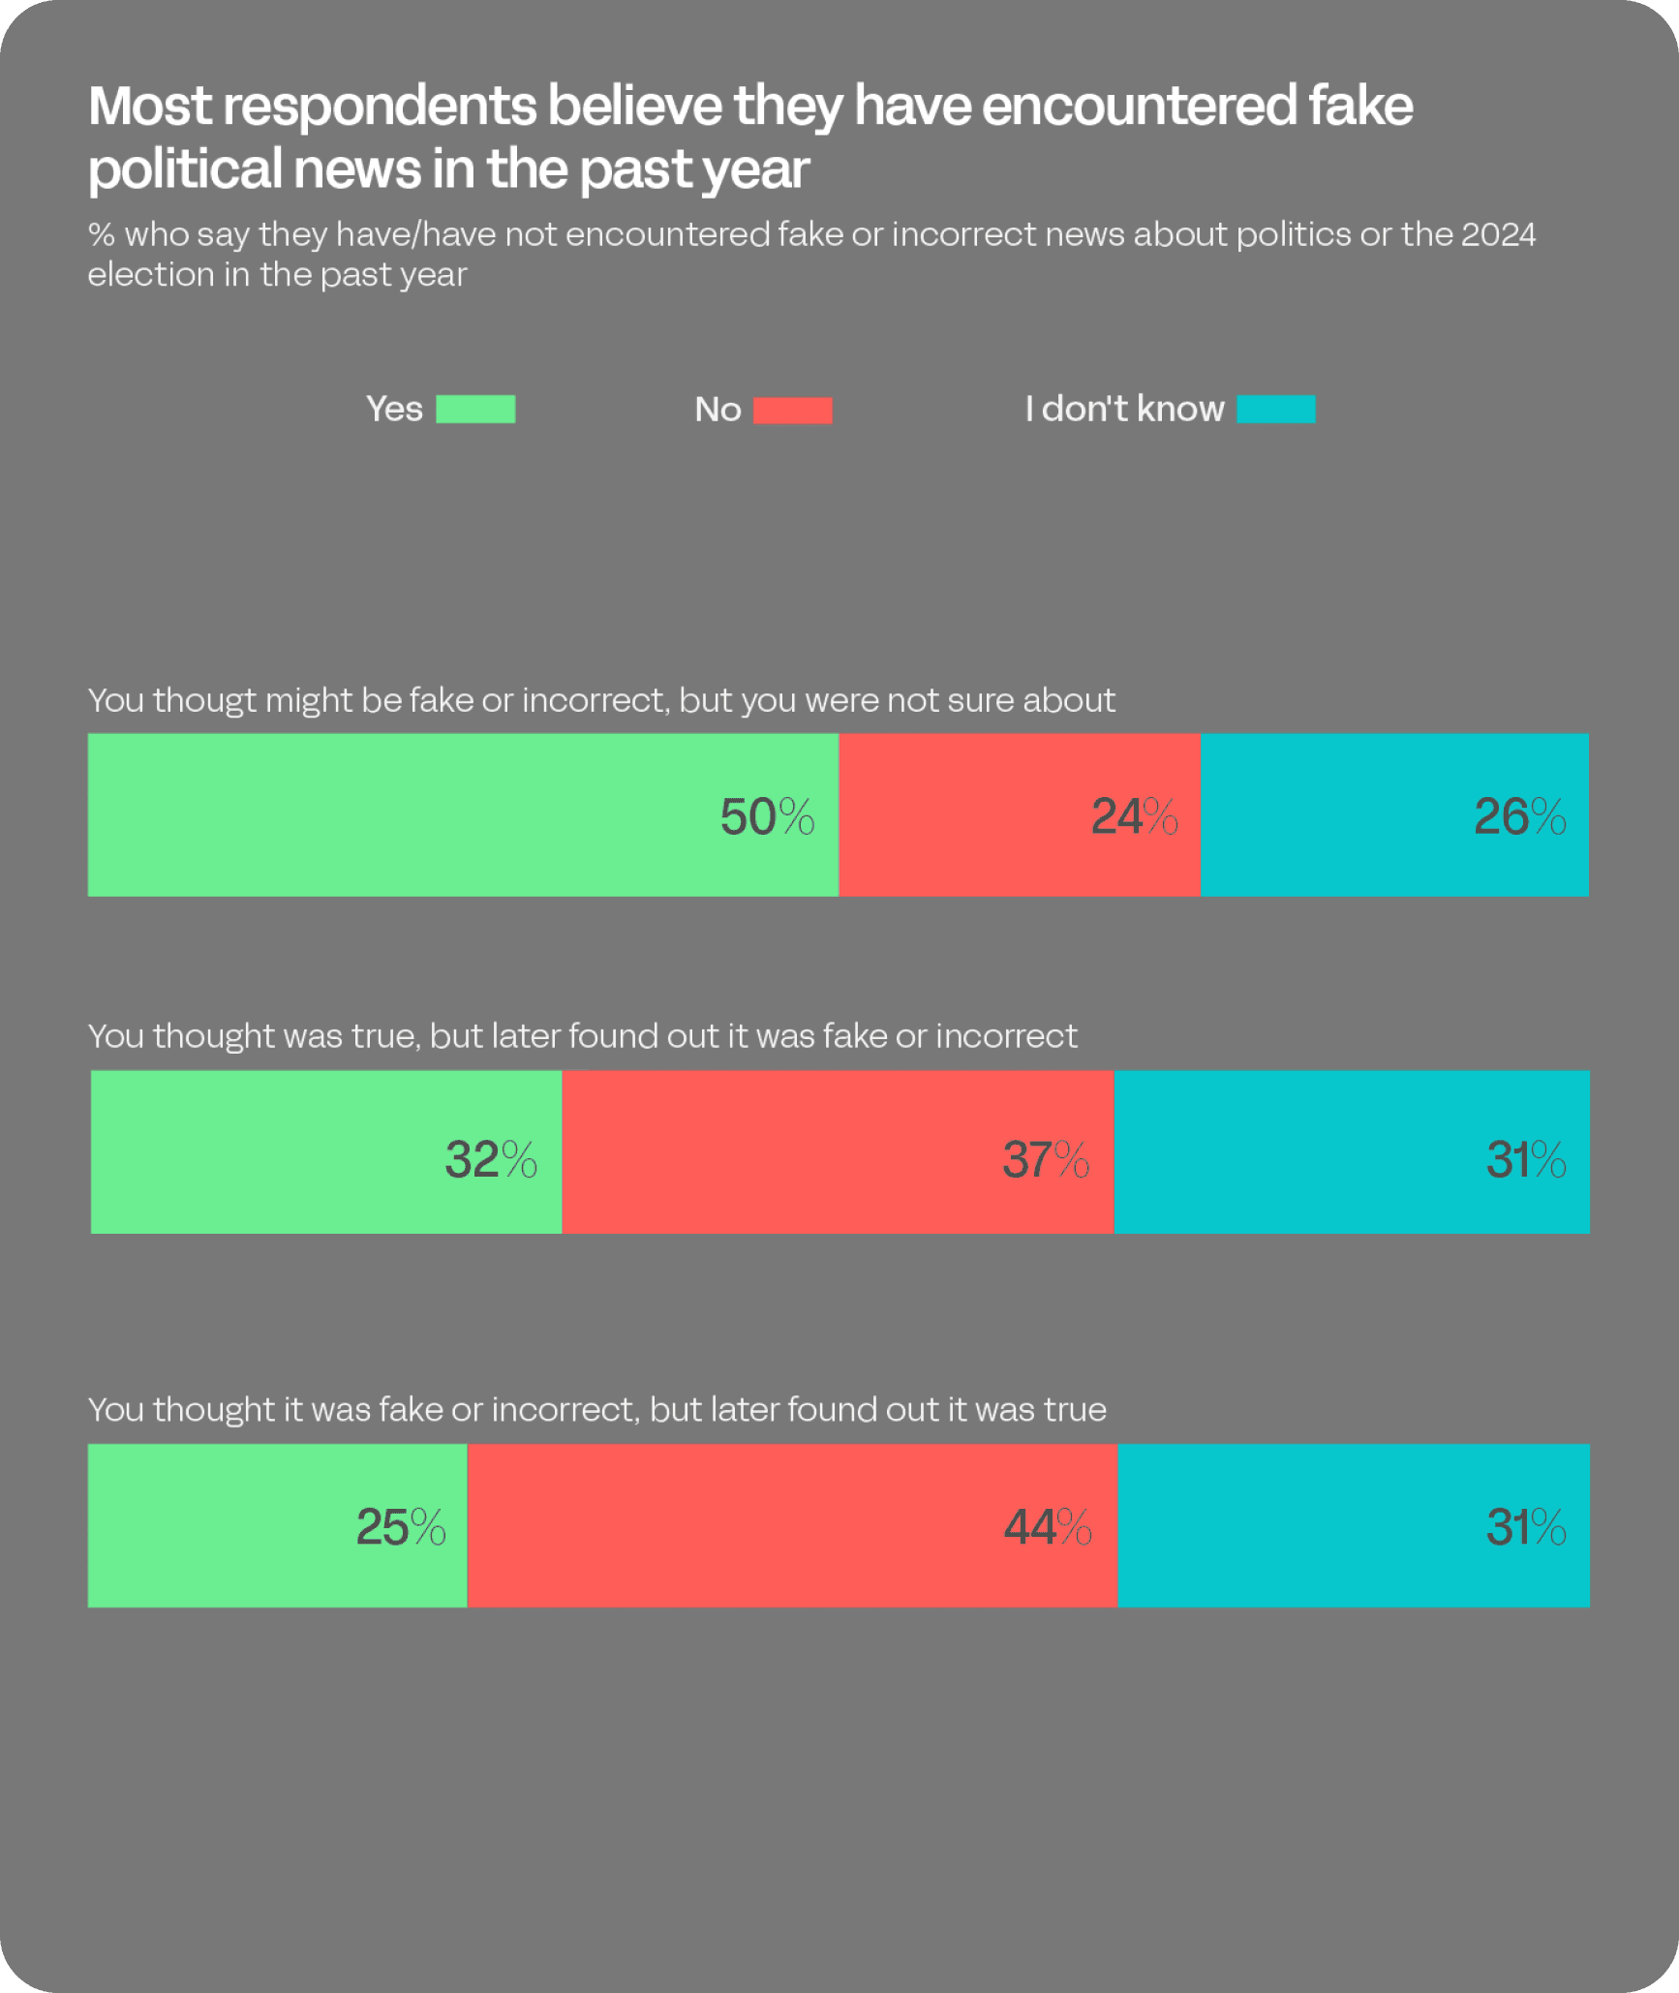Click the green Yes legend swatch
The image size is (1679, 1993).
(475, 410)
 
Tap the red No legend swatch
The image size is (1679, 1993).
(792, 411)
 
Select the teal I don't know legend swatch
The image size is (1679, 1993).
(1275, 410)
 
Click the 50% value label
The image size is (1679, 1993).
(767, 816)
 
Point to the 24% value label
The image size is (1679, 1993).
(1134, 816)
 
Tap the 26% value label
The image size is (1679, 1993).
(1519, 816)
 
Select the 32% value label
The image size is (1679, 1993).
(491, 1159)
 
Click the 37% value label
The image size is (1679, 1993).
(1046, 1159)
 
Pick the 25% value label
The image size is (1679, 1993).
(401, 1527)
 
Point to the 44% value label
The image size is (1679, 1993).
(1048, 1527)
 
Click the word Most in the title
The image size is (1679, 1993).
(150, 106)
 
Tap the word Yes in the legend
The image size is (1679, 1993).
(394, 410)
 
